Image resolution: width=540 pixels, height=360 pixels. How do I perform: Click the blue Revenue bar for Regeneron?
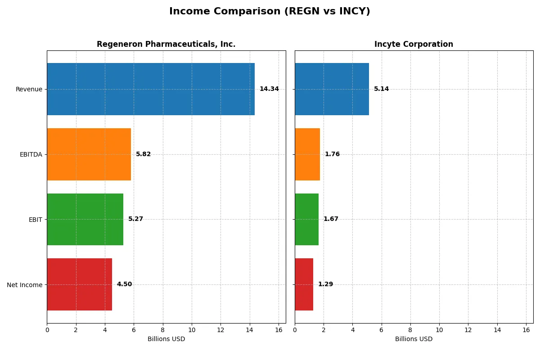[x=151, y=89]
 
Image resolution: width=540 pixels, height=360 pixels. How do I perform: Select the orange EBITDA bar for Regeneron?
[x=89, y=154]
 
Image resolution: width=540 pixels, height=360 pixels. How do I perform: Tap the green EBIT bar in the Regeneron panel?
[x=85, y=219]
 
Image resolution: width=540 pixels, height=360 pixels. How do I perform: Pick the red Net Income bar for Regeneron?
[x=79, y=284]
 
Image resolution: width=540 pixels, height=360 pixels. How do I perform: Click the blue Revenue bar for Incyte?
[x=332, y=89]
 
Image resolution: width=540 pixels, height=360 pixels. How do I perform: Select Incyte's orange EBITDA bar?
[x=307, y=154]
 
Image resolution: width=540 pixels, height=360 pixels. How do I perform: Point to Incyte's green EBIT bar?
[x=306, y=219]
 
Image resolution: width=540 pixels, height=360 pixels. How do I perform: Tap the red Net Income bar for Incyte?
[x=304, y=284]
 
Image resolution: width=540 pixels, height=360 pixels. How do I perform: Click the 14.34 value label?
[x=269, y=89]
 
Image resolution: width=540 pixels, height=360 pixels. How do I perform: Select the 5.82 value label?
[x=144, y=154]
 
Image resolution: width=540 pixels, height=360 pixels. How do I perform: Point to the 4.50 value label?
[x=124, y=284]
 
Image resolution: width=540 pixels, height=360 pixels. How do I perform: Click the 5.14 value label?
[x=381, y=89]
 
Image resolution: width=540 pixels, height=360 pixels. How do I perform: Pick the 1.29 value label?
[x=325, y=284]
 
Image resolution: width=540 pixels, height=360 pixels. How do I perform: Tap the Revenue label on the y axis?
[x=29, y=89]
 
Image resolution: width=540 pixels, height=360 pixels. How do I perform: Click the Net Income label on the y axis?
[x=24, y=285]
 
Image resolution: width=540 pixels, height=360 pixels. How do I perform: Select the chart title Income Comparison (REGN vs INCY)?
[x=270, y=11]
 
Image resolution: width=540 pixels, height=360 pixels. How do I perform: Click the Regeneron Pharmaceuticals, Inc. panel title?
[x=166, y=44]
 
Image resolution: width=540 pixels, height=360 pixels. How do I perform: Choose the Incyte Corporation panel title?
[x=414, y=44]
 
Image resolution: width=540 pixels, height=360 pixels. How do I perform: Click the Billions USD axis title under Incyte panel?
[x=414, y=339]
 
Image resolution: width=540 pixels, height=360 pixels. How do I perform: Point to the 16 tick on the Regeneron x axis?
[x=278, y=330]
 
